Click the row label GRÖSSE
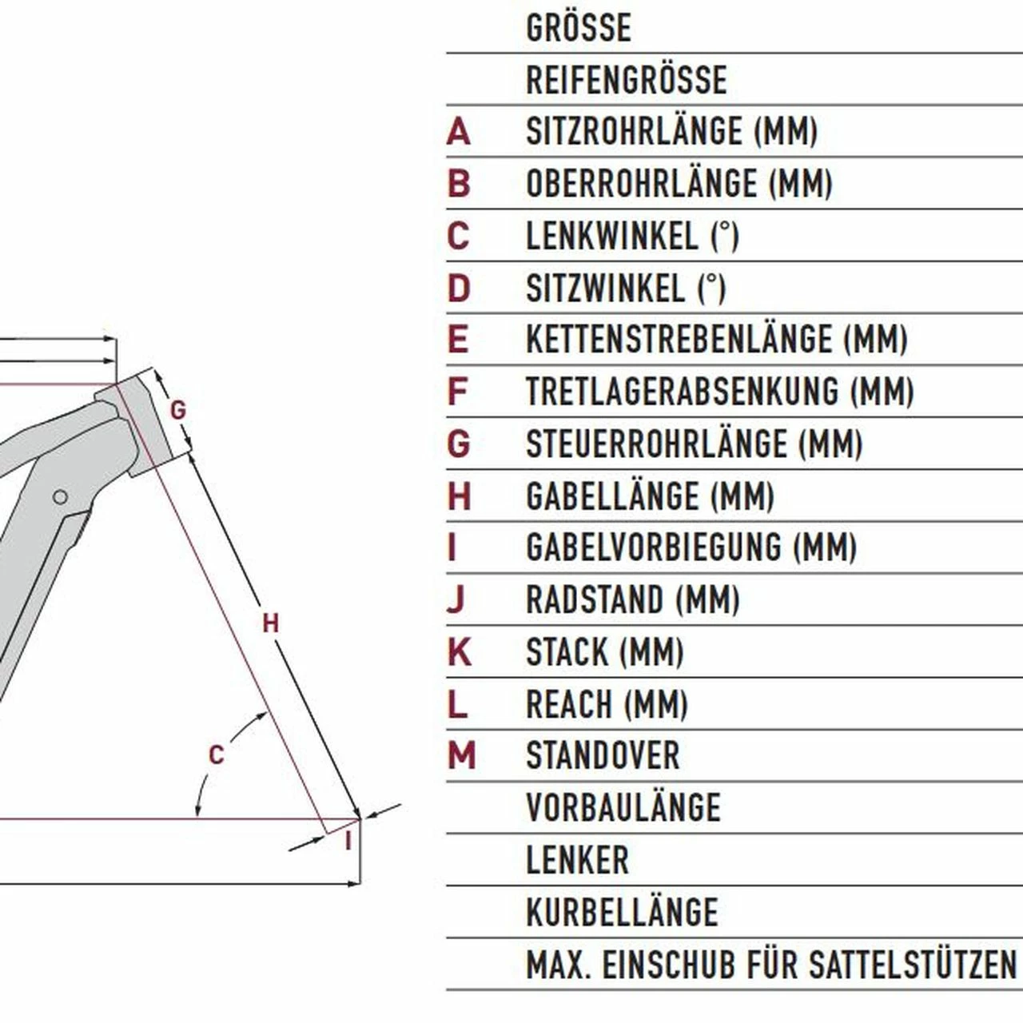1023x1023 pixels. pyautogui.click(x=578, y=28)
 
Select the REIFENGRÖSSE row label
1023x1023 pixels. pyautogui.click(x=627, y=80)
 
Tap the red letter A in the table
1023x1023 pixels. pyautogui.click(x=458, y=132)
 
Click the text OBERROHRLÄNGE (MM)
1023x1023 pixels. pyautogui.click(x=679, y=184)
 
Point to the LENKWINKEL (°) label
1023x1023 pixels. pyautogui.click(x=632, y=236)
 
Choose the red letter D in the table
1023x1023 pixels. pyautogui.click(x=459, y=289)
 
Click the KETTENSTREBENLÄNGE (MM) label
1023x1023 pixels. pyautogui.click(x=717, y=340)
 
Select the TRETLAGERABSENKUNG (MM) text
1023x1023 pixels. pyautogui.click(x=720, y=392)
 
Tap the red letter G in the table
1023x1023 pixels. pyautogui.click(x=459, y=444)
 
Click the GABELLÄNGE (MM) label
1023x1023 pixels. pyautogui.click(x=650, y=496)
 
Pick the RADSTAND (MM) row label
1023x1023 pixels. pyautogui.click(x=633, y=600)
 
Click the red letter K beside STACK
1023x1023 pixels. pyautogui.click(x=460, y=652)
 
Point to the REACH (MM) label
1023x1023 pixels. pyautogui.click(x=607, y=704)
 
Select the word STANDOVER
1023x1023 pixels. pyautogui.click(x=603, y=756)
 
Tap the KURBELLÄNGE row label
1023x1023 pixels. pyautogui.click(x=622, y=912)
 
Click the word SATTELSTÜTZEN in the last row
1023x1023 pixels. pyautogui.click(x=912, y=965)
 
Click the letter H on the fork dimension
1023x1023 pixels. pyautogui.click(x=270, y=623)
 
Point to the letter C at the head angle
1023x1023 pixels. pyautogui.click(x=216, y=755)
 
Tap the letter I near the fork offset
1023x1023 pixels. pyautogui.click(x=348, y=842)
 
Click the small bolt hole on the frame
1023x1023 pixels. pyautogui.click(x=61, y=497)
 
